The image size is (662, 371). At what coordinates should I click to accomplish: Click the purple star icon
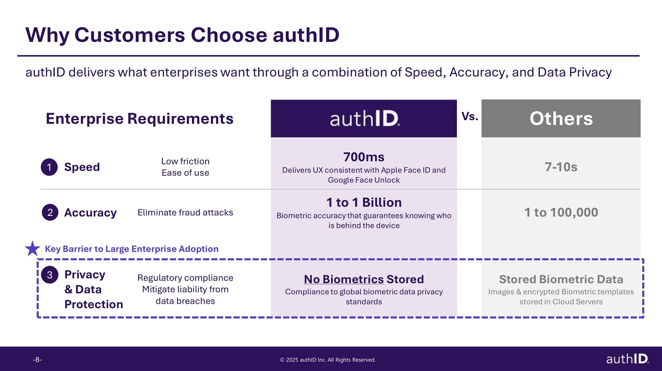(x=33, y=249)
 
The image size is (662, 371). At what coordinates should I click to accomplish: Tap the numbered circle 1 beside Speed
(x=49, y=167)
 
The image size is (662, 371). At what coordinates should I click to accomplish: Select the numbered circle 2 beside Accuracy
(x=50, y=212)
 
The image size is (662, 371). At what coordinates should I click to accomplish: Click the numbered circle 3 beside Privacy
(x=49, y=275)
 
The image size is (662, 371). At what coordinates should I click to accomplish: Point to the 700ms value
(x=364, y=157)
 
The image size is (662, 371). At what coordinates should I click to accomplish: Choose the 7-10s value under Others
(x=561, y=167)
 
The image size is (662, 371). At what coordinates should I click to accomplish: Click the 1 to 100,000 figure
(x=561, y=212)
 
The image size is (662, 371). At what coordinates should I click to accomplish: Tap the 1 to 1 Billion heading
(x=364, y=202)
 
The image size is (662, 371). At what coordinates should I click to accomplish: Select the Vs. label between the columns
(x=470, y=116)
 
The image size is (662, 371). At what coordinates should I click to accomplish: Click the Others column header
(x=561, y=118)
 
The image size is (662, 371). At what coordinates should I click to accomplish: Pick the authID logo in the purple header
(x=365, y=119)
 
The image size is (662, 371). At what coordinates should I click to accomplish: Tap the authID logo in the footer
(x=628, y=359)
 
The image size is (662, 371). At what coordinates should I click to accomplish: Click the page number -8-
(x=37, y=360)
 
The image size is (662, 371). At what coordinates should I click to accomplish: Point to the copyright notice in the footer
(x=328, y=360)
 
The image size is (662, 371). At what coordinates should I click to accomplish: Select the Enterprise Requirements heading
(x=139, y=119)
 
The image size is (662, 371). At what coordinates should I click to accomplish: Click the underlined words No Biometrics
(x=344, y=279)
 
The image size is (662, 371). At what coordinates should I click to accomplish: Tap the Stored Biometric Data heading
(x=561, y=279)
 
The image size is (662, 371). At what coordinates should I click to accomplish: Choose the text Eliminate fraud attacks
(x=185, y=212)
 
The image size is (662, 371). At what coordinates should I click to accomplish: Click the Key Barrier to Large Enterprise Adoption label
(x=132, y=249)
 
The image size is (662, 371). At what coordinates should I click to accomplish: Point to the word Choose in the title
(x=229, y=35)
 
